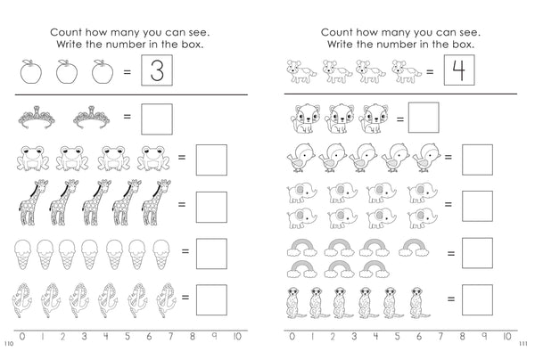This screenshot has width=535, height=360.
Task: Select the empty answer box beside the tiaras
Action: point(157,116)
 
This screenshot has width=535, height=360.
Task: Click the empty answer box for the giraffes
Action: point(211,204)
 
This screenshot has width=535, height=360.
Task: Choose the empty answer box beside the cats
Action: point(424,117)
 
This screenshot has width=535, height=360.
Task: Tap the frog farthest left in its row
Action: point(32,159)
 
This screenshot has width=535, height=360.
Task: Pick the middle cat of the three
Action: point(342,117)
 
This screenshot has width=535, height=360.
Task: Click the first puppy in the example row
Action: point(297,70)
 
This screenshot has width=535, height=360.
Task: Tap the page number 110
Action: point(8,344)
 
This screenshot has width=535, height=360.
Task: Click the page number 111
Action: point(525,344)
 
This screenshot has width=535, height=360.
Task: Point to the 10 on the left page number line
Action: point(235,336)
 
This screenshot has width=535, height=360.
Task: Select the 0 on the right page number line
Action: point(289,336)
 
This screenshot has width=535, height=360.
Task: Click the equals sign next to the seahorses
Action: point(182,297)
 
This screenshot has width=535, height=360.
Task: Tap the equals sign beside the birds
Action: point(448,159)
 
